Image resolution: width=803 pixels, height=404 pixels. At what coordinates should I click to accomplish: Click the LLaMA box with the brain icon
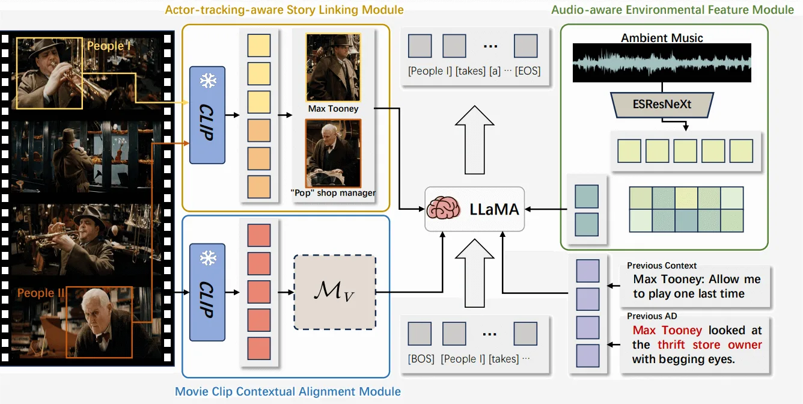[x=474, y=209]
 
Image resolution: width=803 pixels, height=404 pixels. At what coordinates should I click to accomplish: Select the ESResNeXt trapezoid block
[x=661, y=104]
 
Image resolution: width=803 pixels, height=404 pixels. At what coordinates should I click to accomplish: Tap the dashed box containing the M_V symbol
[x=334, y=292]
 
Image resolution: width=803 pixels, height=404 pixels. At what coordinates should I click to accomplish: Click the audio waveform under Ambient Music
[x=661, y=63]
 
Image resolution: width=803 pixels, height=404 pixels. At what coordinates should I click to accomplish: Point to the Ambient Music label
[x=662, y=38]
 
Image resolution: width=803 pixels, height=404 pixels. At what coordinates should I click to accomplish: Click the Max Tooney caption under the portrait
[x=333, y=109]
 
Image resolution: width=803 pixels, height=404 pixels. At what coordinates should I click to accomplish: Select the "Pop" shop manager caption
[x=334, y=193]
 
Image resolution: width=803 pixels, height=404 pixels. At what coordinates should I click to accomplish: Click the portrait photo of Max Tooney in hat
[x=333, y=67]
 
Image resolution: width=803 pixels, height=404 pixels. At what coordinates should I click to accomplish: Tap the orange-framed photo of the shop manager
[x=333, y=153]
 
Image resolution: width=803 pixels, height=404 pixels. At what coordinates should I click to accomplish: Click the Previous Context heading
[x=662, y=265]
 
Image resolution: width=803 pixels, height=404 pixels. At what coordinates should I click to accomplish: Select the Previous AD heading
[x=652, y=316]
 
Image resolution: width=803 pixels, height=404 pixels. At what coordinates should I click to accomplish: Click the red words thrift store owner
[x=709, y=345]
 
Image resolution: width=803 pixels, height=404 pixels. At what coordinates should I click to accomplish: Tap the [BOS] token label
[x=420, y=359]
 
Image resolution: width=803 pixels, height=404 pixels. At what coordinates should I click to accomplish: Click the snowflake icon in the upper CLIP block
[x=207, y=81]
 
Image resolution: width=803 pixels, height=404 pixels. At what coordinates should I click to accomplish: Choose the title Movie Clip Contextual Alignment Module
[x=287, y=391]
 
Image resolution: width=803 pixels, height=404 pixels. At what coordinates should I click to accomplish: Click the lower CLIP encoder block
[x=207, y=293]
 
